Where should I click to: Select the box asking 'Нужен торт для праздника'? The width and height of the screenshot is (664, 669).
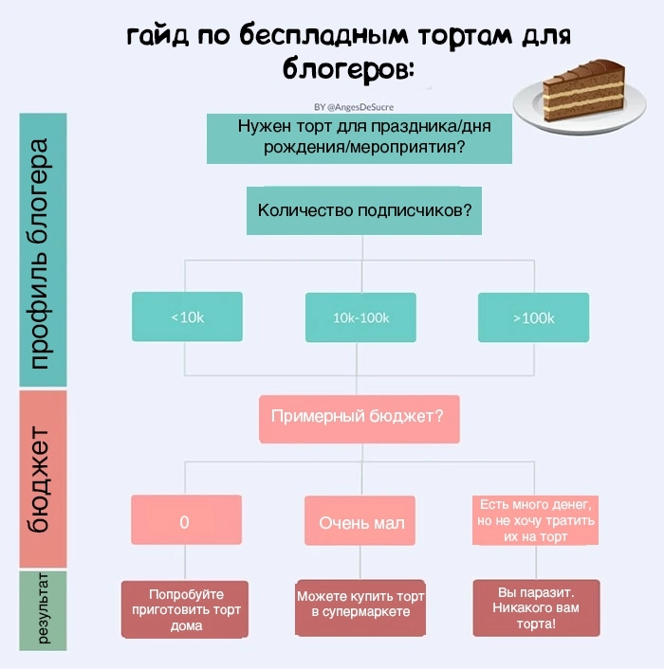(x=360, y=138)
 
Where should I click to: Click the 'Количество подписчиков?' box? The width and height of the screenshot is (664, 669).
(x=363, y=210)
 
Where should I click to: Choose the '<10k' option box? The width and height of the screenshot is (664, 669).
(x=187, y=316)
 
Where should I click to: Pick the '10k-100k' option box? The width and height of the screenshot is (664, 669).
(x=360, y=317)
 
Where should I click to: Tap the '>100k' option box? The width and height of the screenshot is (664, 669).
(x=533, y=317)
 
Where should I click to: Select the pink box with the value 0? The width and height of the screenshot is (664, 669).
(x=186, y=520)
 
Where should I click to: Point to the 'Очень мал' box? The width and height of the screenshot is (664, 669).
(x=361, y=521)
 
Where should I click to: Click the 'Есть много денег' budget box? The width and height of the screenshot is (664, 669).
(x=536, y=520)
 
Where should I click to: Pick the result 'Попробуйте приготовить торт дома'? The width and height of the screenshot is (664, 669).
(x=186, y=608)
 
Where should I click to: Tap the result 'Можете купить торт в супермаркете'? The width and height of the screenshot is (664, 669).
(x=361, y=605)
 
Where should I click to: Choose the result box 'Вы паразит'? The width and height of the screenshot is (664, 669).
(x=536, y=607)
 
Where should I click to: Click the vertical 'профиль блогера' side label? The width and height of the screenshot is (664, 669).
(x=42, y=251)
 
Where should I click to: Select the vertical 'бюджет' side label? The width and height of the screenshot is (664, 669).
(x=42, y=479)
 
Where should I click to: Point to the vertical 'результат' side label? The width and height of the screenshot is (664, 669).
(x=43, y=610)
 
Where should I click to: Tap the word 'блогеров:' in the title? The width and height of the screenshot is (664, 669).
(x=349, y=69)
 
